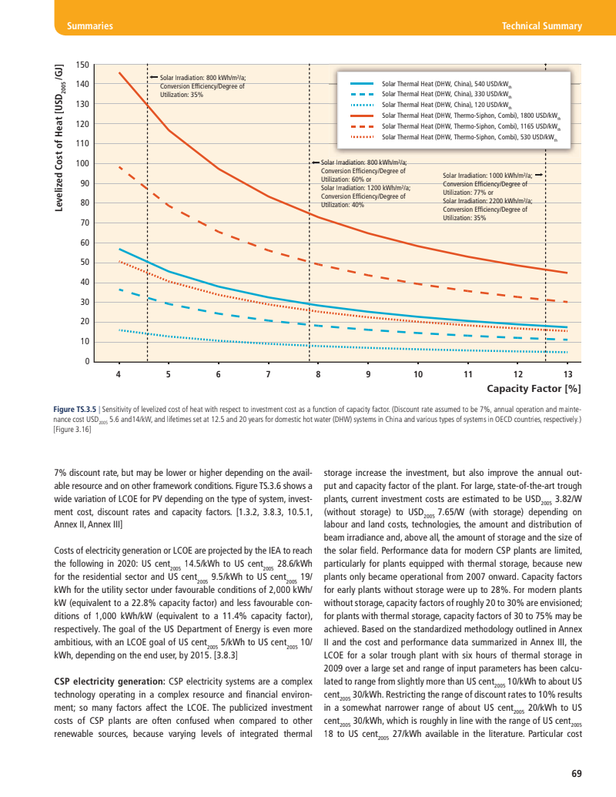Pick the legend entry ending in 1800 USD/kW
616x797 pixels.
coord(470,115)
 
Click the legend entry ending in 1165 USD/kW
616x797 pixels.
coord(470,126)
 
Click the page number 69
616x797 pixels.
coord(577,773)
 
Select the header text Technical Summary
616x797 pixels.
coord(541,26)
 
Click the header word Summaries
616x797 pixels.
coord(90,26)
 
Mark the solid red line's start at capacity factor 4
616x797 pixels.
coord(119,72)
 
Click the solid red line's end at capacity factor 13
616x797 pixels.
coord(567,273)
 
